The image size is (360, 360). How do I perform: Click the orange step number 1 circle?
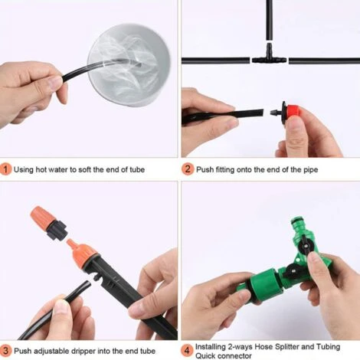[5, 169]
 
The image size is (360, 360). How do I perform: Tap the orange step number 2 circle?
[188, 169]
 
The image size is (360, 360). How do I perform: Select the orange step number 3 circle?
[5, 351]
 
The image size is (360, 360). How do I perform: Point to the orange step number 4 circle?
[187, 351]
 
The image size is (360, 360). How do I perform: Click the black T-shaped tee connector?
[269, 56]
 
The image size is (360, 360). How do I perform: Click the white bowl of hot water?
[129, 64]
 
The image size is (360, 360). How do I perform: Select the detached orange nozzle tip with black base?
[48, 223]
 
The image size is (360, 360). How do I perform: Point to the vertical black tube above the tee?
[269, 20]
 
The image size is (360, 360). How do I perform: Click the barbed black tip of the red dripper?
[275, 113]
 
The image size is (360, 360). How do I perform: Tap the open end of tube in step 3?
[88, 283]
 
